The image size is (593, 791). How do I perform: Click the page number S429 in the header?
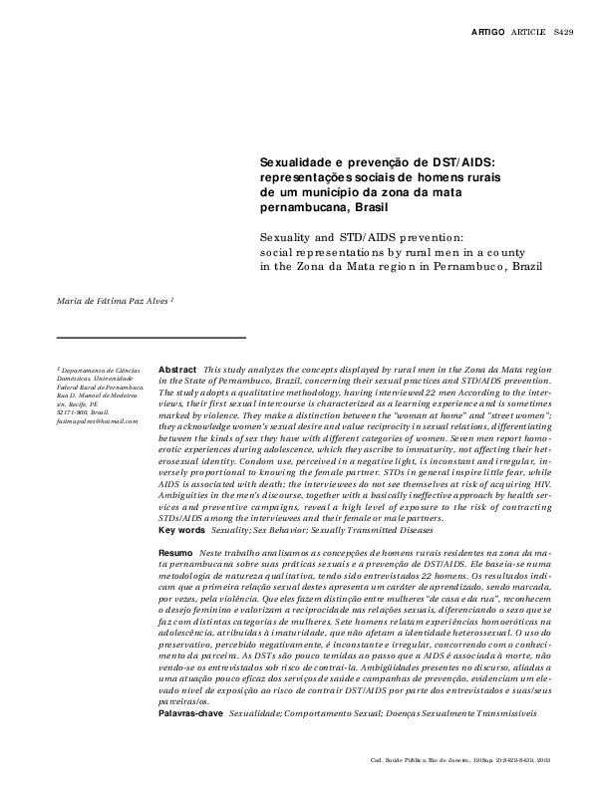[x=563, y=33]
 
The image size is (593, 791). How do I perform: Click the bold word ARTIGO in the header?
[x=489, y=33]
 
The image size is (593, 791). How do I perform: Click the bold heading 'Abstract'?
[x=177, y=369]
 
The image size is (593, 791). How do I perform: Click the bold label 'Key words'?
[x=182, y=475]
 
